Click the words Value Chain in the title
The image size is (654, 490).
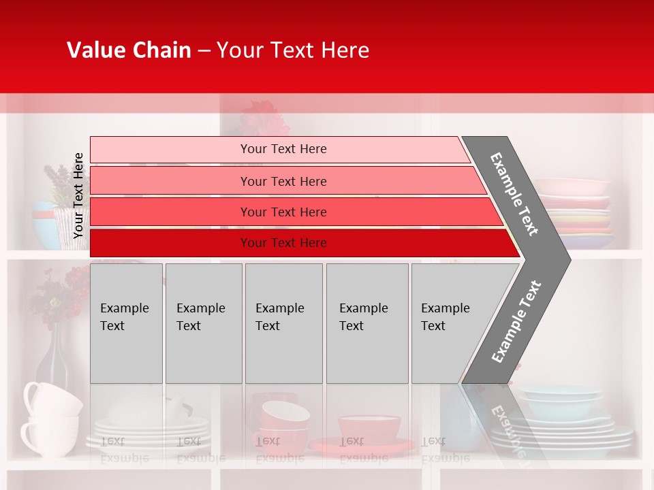tap(129, 50)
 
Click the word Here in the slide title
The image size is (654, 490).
tap(345, 50)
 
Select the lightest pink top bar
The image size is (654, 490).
tap(279, 149)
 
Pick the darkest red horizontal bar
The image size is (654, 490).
tap(300, 243)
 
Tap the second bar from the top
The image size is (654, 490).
tap(286, 181)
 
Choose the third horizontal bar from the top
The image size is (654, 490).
tap(293, 212)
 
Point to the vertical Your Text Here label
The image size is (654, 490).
tap(78, 195)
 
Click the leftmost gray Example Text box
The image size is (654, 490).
tap(126, 323)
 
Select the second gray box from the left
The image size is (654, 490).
tap(203, 323)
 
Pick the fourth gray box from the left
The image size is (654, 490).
tap(367, 323)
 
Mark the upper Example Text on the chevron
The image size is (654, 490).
tap(514, 194)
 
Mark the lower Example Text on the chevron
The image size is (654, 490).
tap(516, 321)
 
